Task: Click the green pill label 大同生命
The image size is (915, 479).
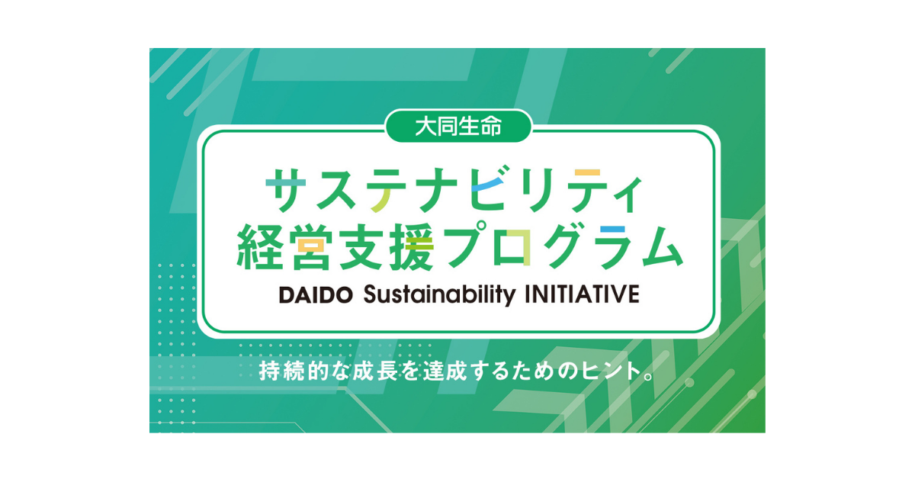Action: pos(458,127)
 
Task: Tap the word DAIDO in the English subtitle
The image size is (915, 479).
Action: pos(316,294)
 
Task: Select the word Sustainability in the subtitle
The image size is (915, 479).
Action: pos(439,295)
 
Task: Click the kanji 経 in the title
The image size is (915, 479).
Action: pos(260,246)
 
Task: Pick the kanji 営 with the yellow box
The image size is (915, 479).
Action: pos(311,246)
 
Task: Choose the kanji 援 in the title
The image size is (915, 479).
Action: pos(411,246)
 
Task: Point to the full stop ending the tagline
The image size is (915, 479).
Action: pos(649,377)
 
